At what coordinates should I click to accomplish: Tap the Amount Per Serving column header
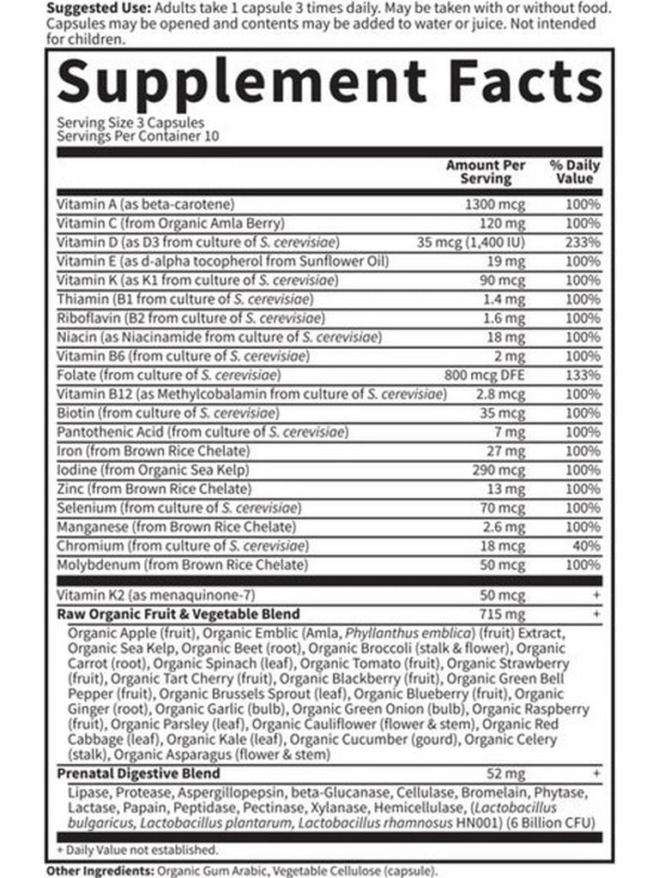[x=485, y=171]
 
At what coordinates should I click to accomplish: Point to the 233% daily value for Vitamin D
[x=583, y=242]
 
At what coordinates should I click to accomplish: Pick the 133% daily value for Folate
[x=583, y=375]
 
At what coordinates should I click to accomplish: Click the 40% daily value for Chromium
[x=587, y=545]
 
